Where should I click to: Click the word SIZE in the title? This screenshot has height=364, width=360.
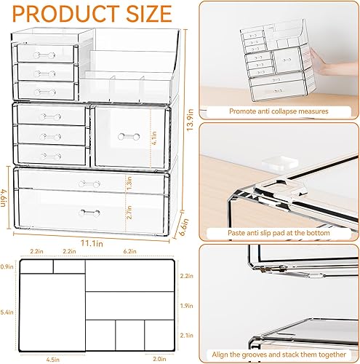148,14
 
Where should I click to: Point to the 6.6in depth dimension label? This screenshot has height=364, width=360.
185,216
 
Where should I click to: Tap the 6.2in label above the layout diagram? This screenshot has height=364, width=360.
130,251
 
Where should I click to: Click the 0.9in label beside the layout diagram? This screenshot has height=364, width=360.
7,268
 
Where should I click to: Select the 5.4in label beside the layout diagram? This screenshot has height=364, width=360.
7,312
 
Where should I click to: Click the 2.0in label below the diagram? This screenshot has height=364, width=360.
158,357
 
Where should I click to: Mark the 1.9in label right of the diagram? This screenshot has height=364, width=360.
188,305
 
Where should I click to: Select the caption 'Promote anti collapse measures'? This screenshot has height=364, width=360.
279,111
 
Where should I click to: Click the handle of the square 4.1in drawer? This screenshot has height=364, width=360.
129,136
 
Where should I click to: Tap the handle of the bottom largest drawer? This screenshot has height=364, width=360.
89,212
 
